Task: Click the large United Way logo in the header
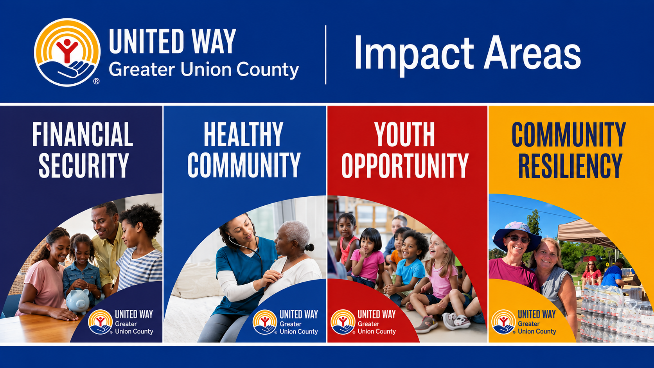67,52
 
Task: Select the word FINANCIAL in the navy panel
83,134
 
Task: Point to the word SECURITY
84,165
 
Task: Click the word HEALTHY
244,134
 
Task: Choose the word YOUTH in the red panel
405,134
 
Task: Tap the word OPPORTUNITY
405,165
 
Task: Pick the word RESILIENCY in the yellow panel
570,165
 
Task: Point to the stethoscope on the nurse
248,251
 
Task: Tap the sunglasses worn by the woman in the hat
517,239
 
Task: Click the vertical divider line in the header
325,55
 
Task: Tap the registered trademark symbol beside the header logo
96,81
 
